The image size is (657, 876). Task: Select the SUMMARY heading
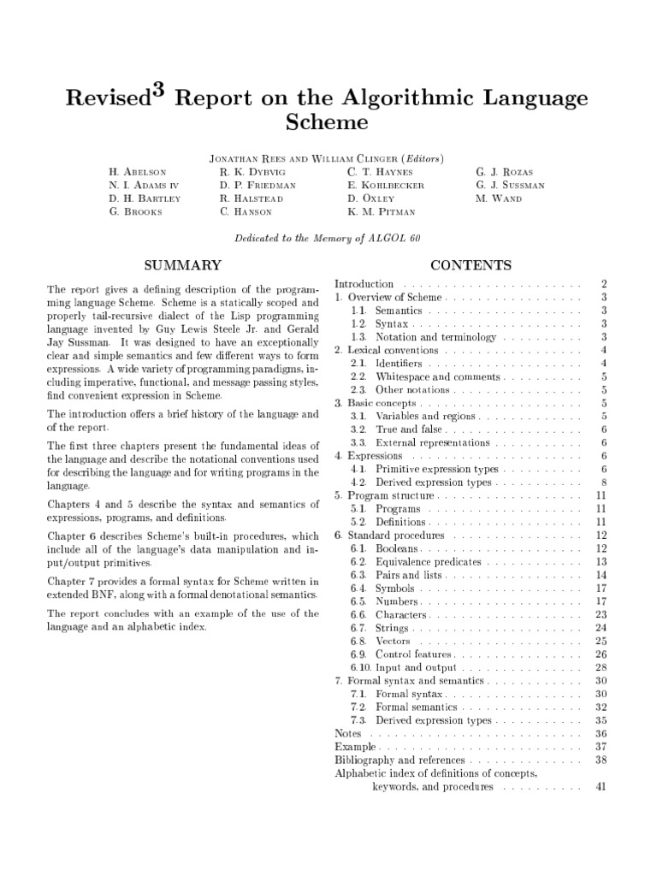click(x=181, y=265)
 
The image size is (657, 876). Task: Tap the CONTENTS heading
click(x=471, y=265)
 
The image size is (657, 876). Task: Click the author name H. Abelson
click(x=139, y=171)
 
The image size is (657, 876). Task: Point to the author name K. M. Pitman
click(x=382, y=211)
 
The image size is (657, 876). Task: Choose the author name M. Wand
click(x=498, y=198)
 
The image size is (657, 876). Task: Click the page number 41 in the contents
click(x=600, y=786)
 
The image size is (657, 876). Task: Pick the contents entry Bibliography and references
click(x=400, y=760)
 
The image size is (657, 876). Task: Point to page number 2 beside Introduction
click(x=603, y=283)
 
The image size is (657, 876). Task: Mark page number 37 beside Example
click(x=600, y=747)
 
